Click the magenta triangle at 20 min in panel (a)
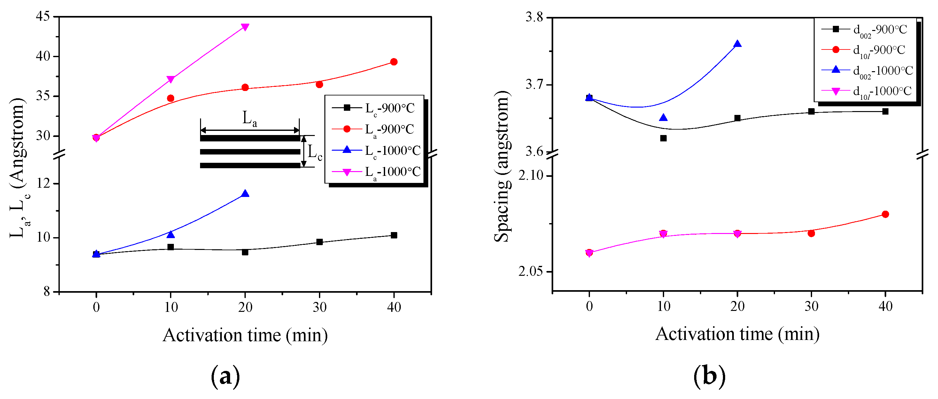[245, 27]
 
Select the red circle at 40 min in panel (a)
[394, 62]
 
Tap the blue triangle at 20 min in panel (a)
[245, 193]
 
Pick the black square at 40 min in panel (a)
[394, 235]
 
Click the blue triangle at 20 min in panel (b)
[737, 44]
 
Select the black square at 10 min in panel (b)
[663, 138]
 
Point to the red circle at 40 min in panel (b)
[885, 214]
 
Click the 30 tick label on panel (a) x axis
[319, 308]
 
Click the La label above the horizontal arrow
[250, 118]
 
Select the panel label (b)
[709, 376]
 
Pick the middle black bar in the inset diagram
[250, 152]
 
